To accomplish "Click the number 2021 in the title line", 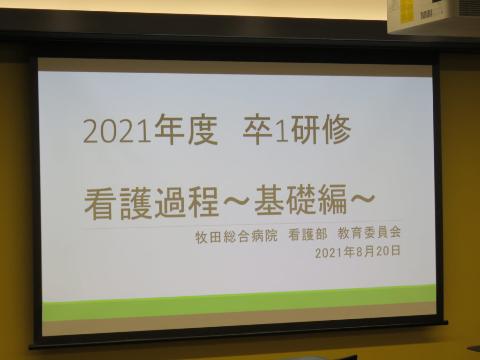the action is coord(117,130).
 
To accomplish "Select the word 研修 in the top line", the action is coord(321,129).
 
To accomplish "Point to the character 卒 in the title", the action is coord(258,129).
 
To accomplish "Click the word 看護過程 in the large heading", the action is coord(151,203).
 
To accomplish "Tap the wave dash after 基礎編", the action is coord(362,198).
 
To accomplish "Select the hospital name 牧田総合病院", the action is coord(236,236).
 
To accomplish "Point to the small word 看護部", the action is coord(307,235).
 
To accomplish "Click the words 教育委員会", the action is coord(369,233).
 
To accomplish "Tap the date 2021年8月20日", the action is coord(358,252).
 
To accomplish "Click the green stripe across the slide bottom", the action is coord(239,303).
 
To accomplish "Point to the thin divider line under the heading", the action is coord(243,225).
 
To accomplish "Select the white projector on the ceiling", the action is coord(434,16).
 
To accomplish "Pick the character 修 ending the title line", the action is coord(337,129).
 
